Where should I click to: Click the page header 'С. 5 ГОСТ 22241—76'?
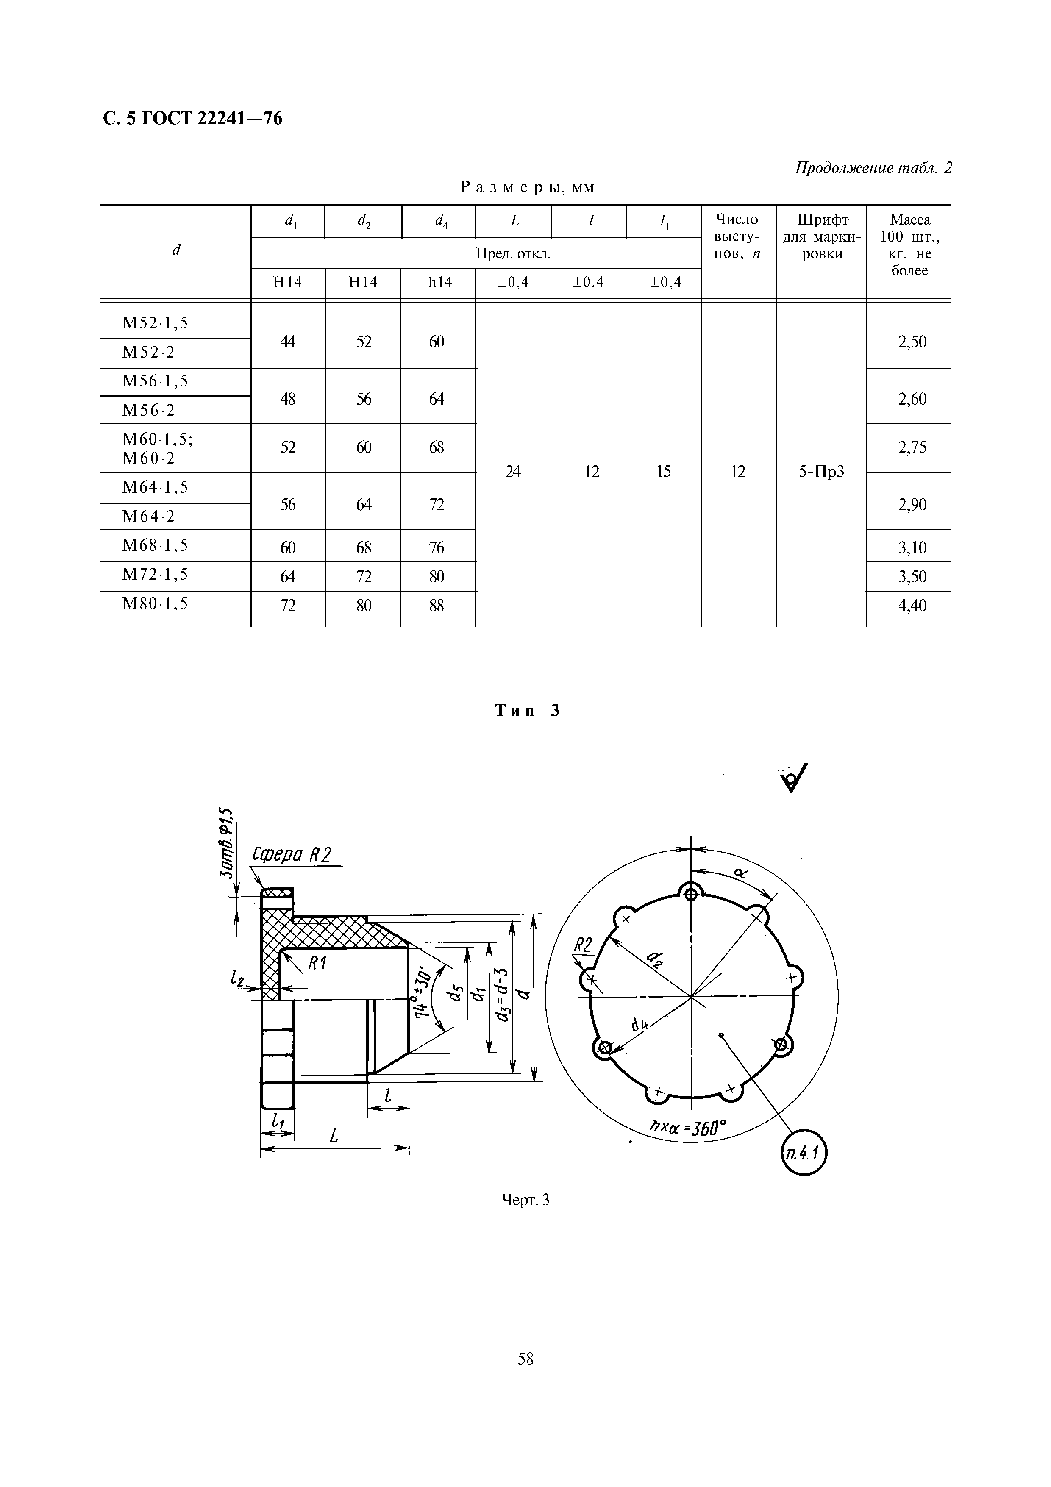point(192,119)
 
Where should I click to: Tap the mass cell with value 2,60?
point(912,399)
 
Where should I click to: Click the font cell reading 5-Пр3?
point(821,472)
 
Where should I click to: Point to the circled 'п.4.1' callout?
point(804,1153)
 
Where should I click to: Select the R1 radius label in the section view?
point(317,964)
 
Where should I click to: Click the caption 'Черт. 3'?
point(526,1200)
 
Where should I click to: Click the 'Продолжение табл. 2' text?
point(873,168)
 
